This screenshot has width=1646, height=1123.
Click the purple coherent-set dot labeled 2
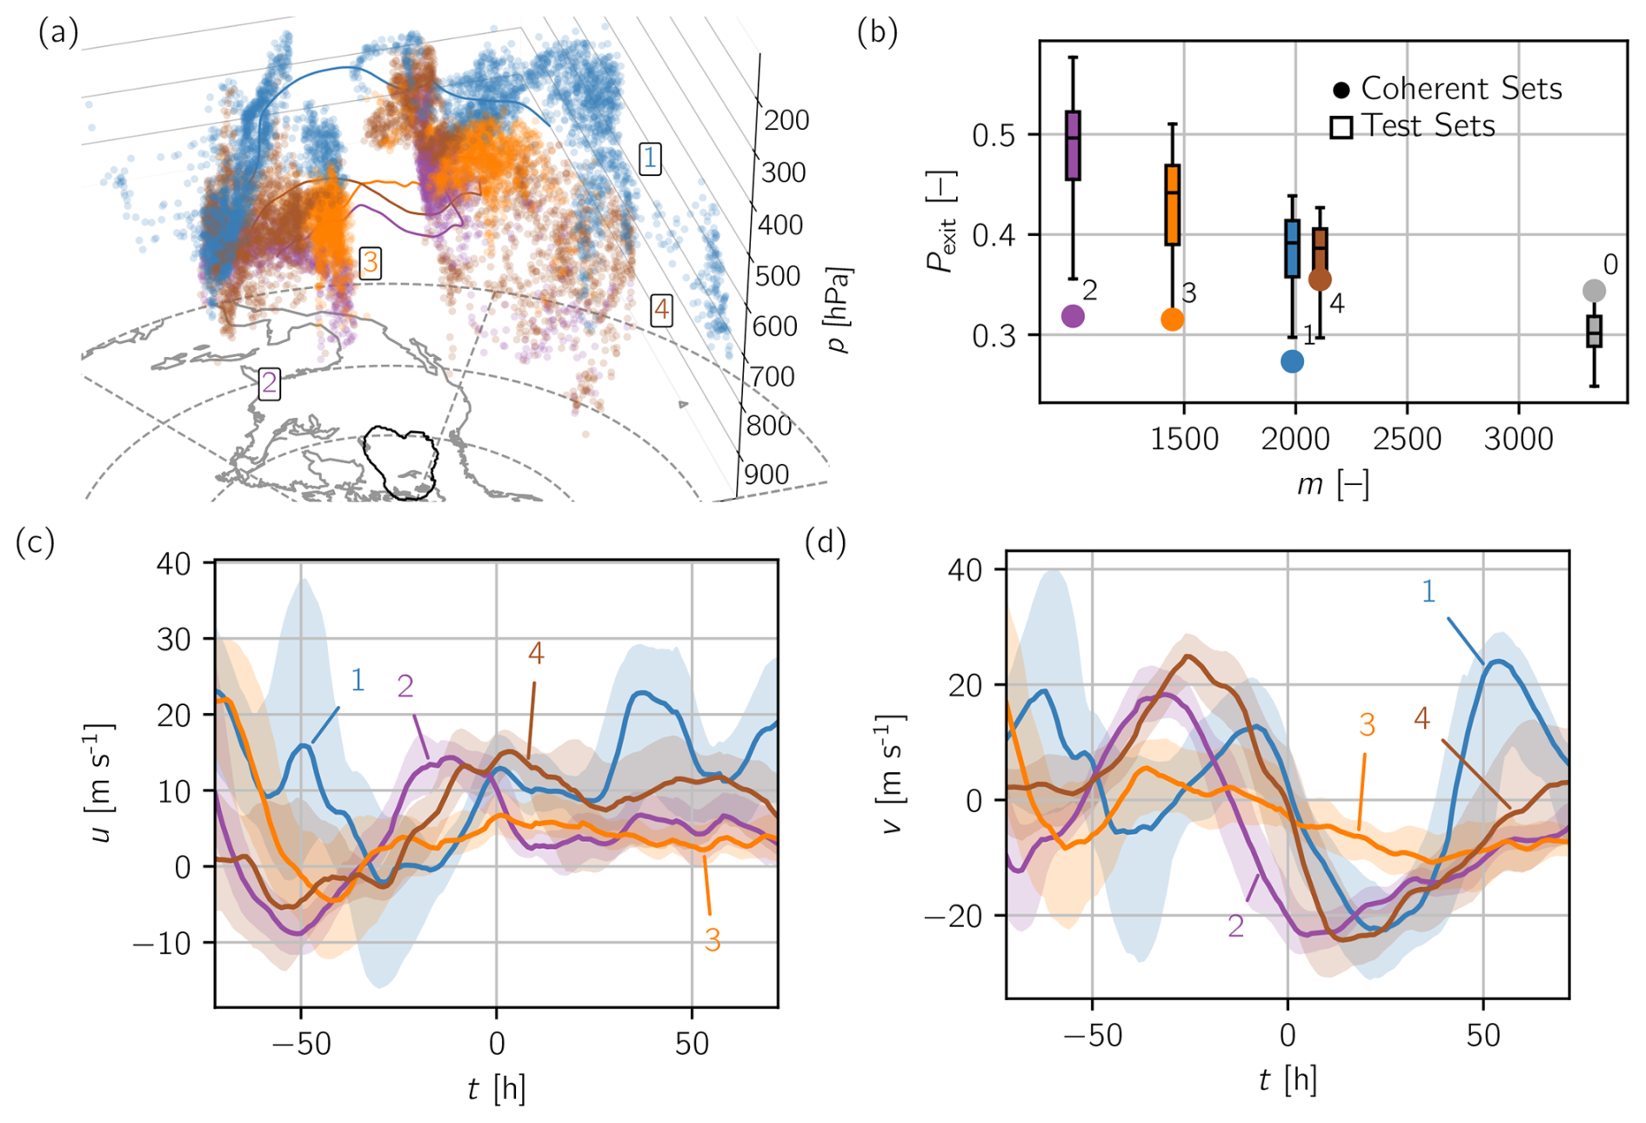(x=1073, y=316)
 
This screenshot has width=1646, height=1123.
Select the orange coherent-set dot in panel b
(x=1172, y=319)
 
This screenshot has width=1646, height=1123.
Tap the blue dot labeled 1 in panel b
(x=1292, y=361)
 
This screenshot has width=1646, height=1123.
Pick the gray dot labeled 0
(x=1593, y=291)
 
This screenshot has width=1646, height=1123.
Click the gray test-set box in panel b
(x=1593, y=331)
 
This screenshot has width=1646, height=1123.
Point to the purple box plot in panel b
(x=1073, y=145)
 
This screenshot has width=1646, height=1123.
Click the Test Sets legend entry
(x=1413, y=127)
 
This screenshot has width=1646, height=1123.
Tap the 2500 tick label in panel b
(x=1406, y=440)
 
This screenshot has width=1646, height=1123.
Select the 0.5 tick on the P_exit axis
(x=994, y=135)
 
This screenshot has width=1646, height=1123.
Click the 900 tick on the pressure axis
(x=766, y=474)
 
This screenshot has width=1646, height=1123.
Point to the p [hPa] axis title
(x=840, y=310)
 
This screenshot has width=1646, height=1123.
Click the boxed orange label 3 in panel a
(x=371, y=262)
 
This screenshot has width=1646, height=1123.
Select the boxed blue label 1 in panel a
(x=649, y=158)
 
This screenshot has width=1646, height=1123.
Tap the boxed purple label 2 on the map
(x=270, y=383)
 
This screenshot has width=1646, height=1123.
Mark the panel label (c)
(x=35, y=542)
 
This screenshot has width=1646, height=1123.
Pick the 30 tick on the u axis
(x=173, y=640)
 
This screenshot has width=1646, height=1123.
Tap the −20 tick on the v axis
(x=953, y=916)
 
